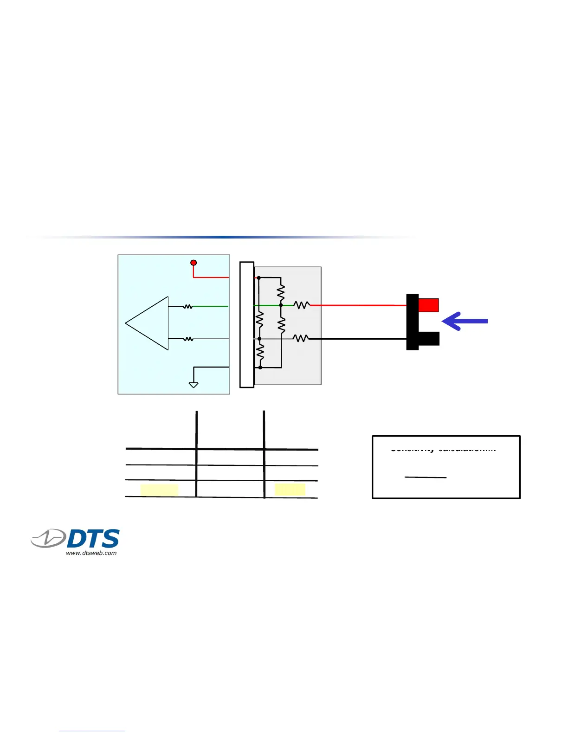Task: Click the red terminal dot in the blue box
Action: pyautogui.click(x=194, y=263)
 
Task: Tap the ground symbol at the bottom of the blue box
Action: pyautogui.click(x=194, y=385)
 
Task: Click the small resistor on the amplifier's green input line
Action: pyautogui.click(x=187, y=306)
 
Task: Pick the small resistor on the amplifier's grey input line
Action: pyautogui.click(x=188, y=339)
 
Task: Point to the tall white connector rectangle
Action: pyautogui.click(x=247, y=325)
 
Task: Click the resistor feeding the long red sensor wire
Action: pyautogui.click(x=302, y=305)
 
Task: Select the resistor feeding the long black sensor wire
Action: pyautogui.click(x=301, y=339)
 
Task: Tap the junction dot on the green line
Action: pyautogui.click(x=281, y=305)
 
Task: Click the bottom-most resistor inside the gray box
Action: pyautogui.click(x=260, y=353)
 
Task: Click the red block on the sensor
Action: pyautogui.click(x=428, y=305)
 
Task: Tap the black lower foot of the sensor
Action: pyautogui.click(x=429, y=339)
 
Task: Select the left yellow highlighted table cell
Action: pyautogui.click(x=159, y=490)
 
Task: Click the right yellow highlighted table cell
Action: pyautogui.click(x=290, y=490)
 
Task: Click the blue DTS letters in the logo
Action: pyautogui.click(x=93, y=539)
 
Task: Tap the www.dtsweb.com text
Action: pyautogui.click(x=91, y=553)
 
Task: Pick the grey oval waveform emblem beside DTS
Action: pyautogui.click(x=49, y=539)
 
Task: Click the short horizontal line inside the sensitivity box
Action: pyautogui.click(x=426, y=477)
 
